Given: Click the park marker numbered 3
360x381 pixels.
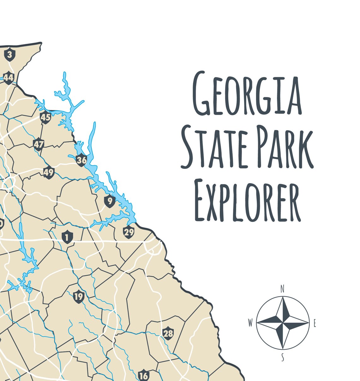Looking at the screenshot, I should click(9, 55).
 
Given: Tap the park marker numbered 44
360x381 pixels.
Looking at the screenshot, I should click(9, 77).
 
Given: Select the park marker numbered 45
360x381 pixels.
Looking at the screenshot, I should click(45, 117).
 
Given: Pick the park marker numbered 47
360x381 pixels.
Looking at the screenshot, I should click(39, 144).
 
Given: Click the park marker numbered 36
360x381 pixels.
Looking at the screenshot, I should click(81, 160).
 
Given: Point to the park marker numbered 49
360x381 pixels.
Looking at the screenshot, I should click(49, 173).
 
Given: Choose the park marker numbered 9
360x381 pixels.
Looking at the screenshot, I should click(110, 201).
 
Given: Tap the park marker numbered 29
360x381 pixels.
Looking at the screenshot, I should click(129, 232).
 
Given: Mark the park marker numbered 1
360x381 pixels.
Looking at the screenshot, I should click(67, 237).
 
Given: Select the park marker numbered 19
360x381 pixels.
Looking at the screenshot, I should click(78, 296).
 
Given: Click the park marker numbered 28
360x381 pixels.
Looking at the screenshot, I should click(168, 333).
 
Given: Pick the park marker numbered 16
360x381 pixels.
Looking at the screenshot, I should click(144, 375).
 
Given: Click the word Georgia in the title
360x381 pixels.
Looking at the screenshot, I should click(247, 93).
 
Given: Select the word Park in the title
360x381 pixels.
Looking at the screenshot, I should click(285, 147).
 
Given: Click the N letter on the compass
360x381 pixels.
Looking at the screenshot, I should click(283, 289).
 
